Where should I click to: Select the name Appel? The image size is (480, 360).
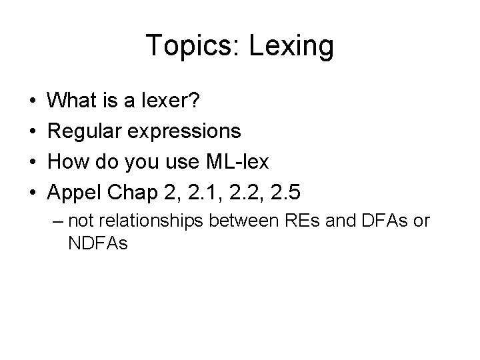75,193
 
